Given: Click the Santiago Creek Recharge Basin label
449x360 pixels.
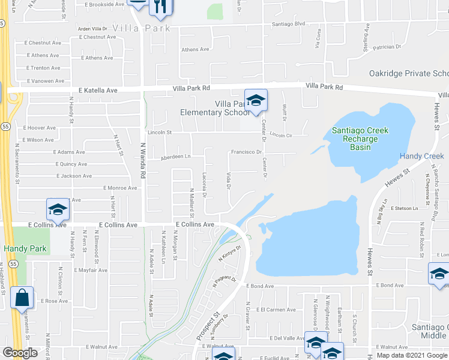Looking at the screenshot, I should (x=360, y=139).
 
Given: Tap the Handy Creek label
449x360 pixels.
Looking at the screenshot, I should (x=422, y=157).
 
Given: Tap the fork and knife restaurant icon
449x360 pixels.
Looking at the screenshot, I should (x=161, y=7).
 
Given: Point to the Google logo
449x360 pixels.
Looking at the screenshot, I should (x=20, y=353).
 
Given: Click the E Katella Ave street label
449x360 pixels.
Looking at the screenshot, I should (x=98, y=91).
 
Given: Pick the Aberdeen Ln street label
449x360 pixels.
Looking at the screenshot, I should (x=175, y=157).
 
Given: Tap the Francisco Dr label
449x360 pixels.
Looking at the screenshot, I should (x=247, y=152).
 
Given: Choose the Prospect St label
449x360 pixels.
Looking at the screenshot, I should (x=207, y=323).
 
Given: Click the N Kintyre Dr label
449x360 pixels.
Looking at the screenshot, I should (x=231, y=254).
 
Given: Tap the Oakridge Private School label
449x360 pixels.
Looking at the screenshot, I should (x=408, y=73).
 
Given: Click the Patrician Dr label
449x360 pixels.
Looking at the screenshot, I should (x=386, y=46).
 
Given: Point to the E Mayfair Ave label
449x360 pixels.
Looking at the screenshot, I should (x=91, y=270).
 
